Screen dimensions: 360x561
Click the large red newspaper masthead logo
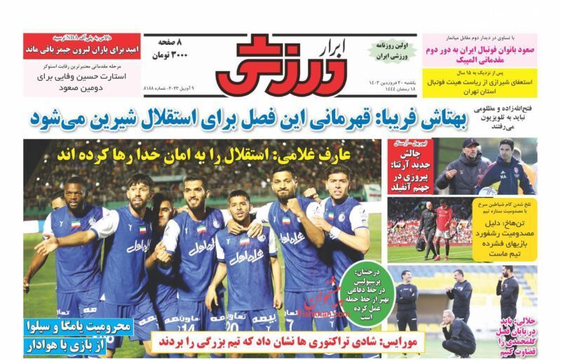coord(280,69)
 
